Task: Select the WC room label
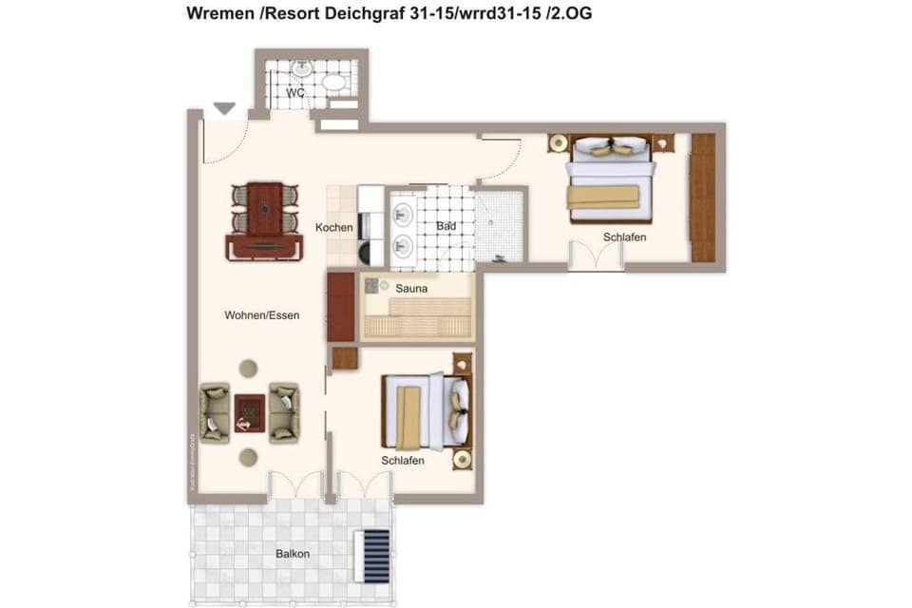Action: (295, 93)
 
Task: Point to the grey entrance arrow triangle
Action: (224, 109)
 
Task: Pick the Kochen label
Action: (334, 227)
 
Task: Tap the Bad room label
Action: (446, 226)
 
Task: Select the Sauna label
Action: (411, 286)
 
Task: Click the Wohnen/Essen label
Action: (262, 314)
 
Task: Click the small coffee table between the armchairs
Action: (250, 411)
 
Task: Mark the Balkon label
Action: (293, 553)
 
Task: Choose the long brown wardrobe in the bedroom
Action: (702, 198)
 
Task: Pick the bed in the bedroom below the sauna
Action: (426, 411)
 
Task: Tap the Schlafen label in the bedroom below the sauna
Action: (402, 461)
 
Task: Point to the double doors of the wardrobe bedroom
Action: (597, 256)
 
